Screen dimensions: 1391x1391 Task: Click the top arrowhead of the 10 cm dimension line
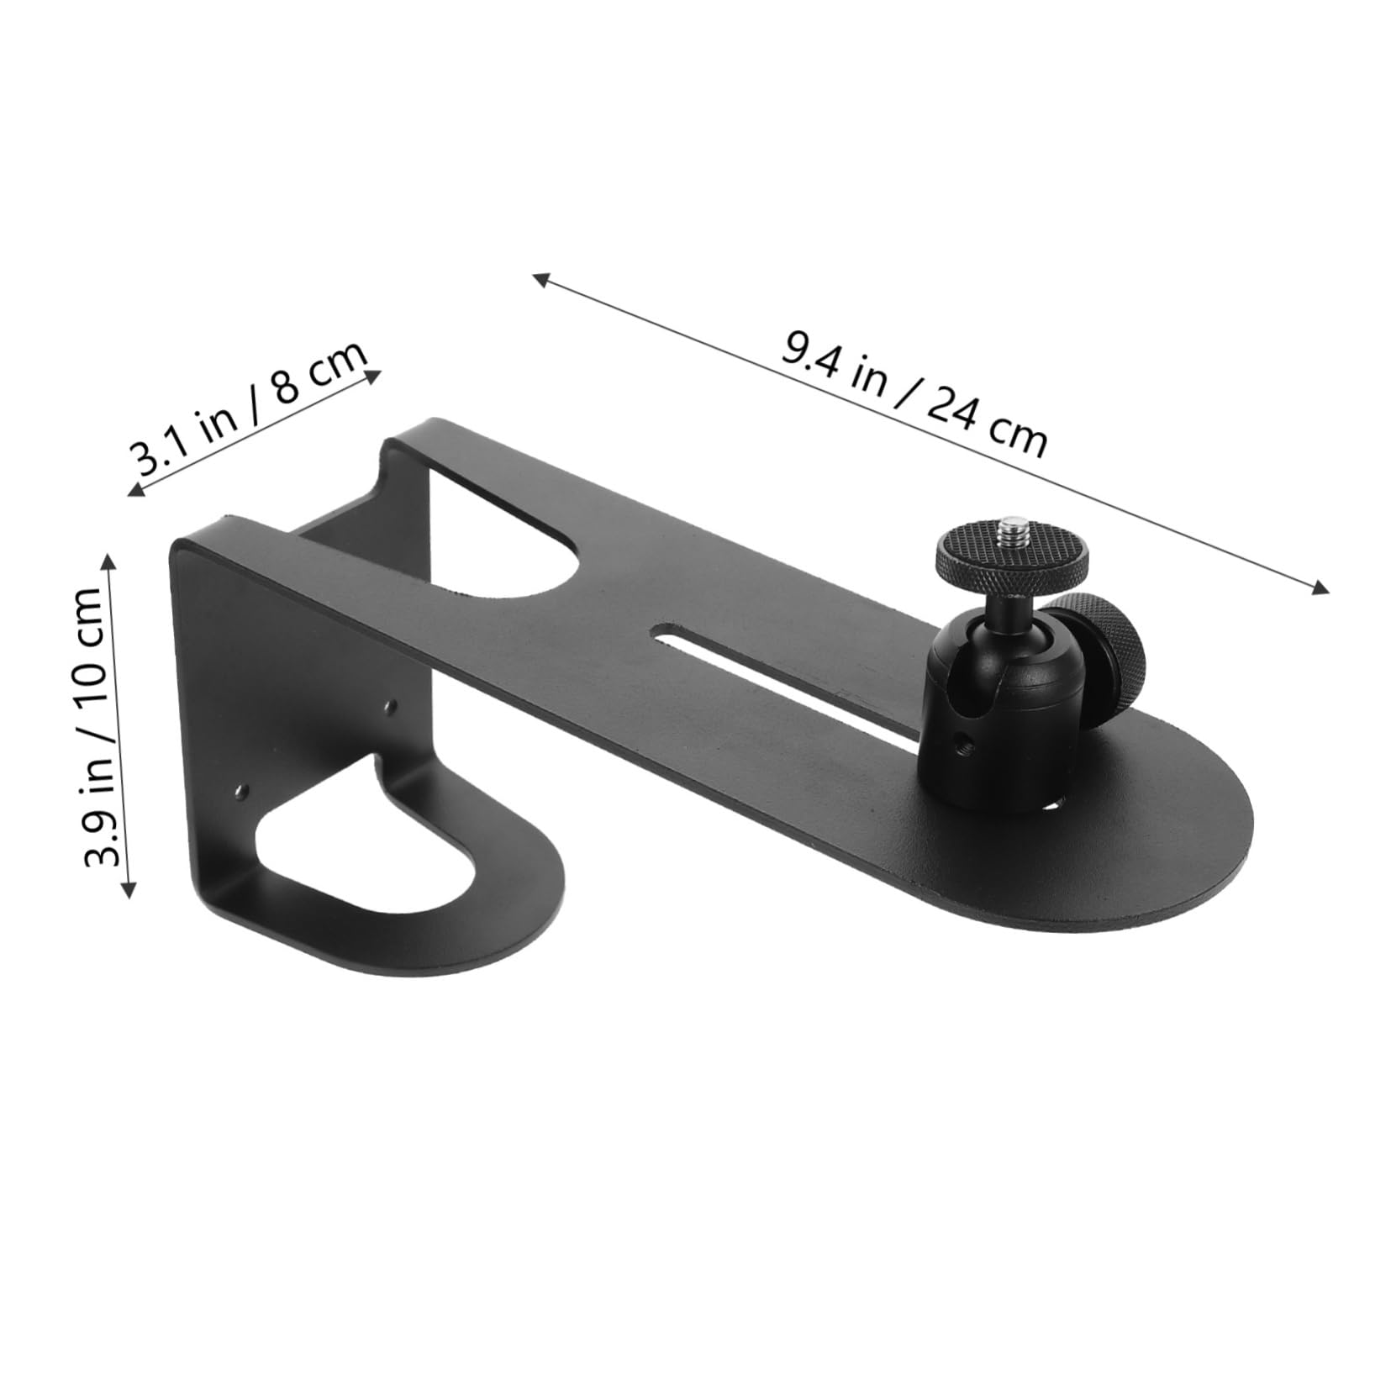(x=109, y=558)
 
